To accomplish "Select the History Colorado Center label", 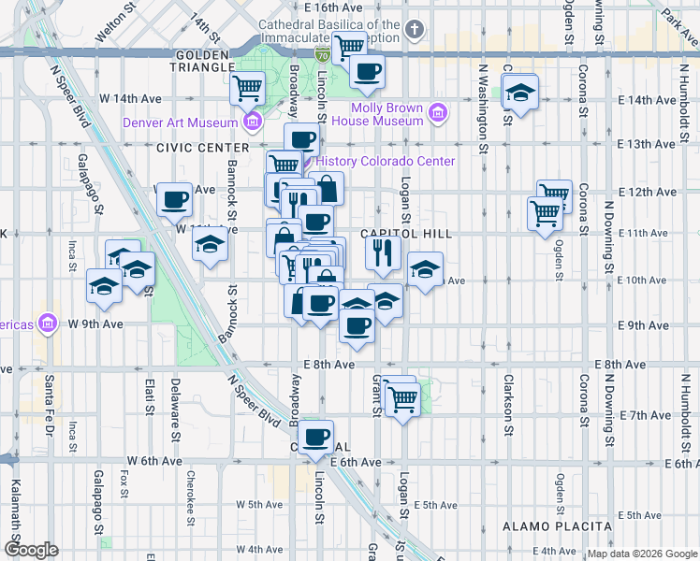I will coord(386,161).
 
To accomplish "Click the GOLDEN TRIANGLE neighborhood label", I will coord(201,60).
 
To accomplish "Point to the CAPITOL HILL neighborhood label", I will coord(407,234).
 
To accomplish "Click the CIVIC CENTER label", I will coord(203,147).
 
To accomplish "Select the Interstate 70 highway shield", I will coord(321,55).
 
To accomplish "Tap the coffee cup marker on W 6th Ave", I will coord(316,436).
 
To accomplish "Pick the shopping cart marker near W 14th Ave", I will coord(248,88).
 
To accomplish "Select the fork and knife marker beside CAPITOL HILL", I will coord(383,251).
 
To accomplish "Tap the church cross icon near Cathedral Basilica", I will coord(415,29).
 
